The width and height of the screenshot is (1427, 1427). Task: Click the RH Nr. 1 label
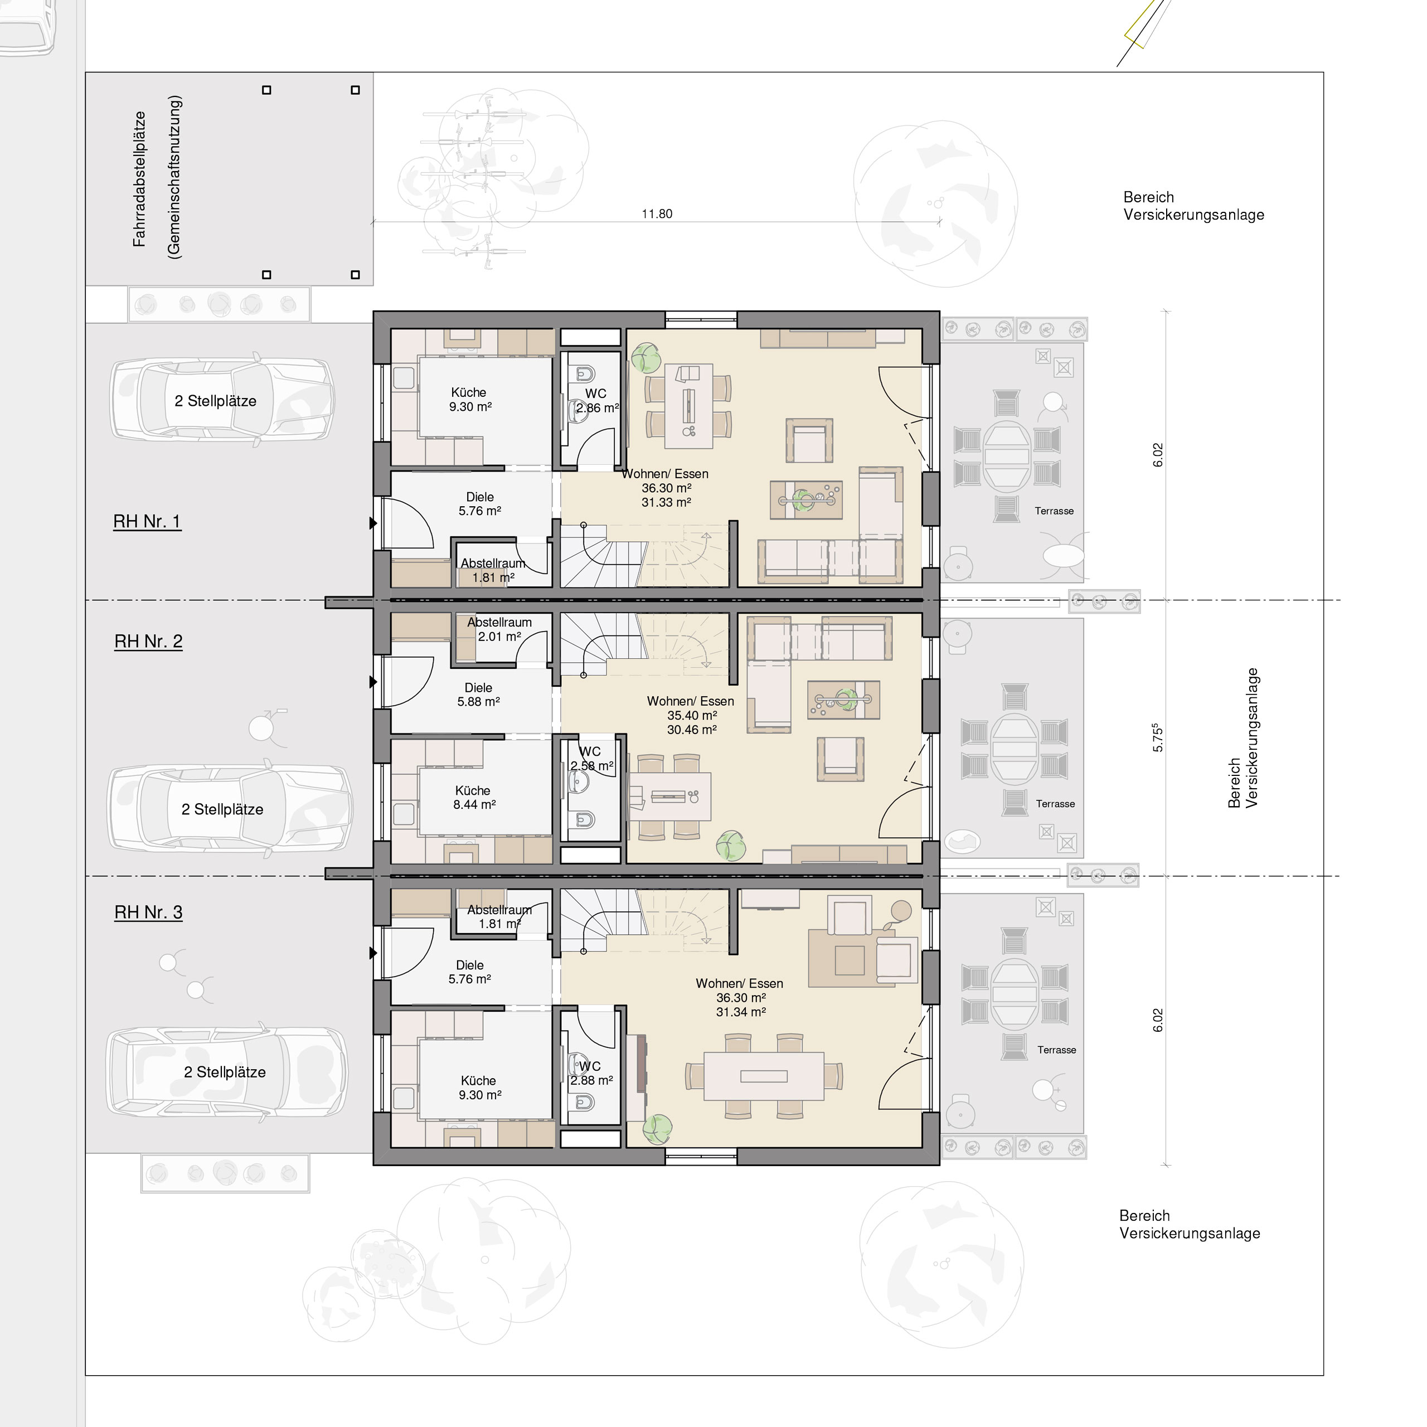click(x=147, y=521)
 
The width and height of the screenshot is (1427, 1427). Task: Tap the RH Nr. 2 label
click(x=148, y=641)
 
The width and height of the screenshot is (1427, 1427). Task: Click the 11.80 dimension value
click(x=657, y=213)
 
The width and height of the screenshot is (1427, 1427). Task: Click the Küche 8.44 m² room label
click(x=473, y=798)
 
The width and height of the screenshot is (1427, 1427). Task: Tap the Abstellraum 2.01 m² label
click(x=499, y=629)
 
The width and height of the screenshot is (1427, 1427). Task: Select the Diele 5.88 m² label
click(x=479, y=695)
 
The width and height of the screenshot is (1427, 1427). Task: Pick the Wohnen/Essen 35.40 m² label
click(x=691, y=715)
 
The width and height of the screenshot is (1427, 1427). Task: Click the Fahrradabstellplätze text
click(x=139, y=179)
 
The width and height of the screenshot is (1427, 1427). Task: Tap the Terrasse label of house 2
click(x=1055, y=804)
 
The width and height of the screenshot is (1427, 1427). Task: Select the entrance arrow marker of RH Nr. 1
click(x=373, y=523)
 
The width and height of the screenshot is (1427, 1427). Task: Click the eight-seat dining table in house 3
click(x=764, y=1076)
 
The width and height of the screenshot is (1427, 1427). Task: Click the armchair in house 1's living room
click(x=809, y=441)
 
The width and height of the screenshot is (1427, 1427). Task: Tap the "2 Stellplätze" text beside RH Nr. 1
click(x=216, y=401)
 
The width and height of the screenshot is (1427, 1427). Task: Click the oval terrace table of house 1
click(x=1007, y=456)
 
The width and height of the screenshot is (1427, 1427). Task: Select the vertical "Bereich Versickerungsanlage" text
click(x=1243, y=738)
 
